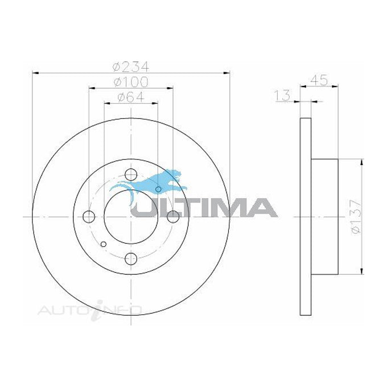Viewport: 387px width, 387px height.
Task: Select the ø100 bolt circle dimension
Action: [x=130, y=81]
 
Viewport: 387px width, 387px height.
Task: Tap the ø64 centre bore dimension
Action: [x=130, y=97]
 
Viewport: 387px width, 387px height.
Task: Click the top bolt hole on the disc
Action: [x=130, y=175]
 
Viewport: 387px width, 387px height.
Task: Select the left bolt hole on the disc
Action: [x=89, y=216]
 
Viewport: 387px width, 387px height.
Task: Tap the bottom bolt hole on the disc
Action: [x=130, y=258]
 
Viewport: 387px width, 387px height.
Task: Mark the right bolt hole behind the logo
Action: [x=172, y=216]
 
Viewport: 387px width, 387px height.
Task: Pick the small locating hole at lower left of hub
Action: [x=103, y=245]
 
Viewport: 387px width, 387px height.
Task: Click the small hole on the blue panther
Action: [x=159, y=189]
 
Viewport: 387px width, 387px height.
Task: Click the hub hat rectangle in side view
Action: [x=325, y=216]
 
